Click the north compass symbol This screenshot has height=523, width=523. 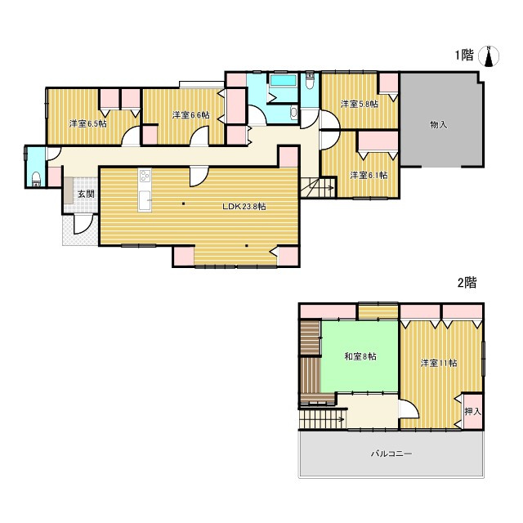[489, 56]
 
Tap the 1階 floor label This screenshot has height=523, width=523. [464, 55]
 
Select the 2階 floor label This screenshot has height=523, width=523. [467, 283]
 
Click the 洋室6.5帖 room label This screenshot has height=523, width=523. [88, 123]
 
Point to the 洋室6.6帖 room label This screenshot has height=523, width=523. [191, 115]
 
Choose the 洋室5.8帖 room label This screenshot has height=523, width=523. [360, 104]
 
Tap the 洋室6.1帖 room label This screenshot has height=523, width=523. [369, 175]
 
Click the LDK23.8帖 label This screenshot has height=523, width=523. [244, 207]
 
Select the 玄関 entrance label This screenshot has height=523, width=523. [86, 194]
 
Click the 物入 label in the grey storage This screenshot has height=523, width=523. [438, 125]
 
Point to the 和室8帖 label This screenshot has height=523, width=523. [360, 356]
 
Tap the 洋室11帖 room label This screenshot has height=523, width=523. [439, 363]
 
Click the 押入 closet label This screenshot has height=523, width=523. [473, 412]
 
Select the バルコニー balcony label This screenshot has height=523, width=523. [391, 454]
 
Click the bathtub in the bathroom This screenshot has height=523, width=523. [284, 80]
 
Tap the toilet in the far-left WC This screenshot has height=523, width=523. [36, 179]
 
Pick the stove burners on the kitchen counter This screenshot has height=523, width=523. [145, 176]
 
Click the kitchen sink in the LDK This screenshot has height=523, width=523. [145, 200]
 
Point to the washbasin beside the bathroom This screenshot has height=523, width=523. [293, 113]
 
